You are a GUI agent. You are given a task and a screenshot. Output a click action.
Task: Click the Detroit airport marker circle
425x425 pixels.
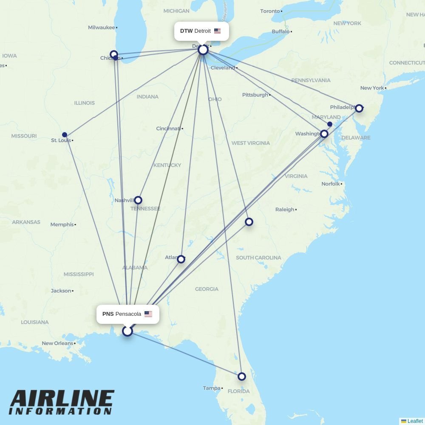click(203, 50)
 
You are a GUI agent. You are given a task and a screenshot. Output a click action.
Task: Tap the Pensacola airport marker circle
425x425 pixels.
click(127, 331)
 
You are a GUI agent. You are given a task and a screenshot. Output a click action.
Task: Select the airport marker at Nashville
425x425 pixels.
click(138, 200)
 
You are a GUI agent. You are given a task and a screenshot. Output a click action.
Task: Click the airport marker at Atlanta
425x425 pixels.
click(181, 259)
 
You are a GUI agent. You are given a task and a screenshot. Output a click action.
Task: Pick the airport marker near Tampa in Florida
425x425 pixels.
click(242, 377)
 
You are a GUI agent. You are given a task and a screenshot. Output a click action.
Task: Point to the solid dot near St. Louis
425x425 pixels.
click(65, 135)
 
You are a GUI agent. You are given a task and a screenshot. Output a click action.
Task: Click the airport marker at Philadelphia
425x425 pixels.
click(359, 108)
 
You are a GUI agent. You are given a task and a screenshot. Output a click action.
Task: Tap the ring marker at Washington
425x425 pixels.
click(324, 134)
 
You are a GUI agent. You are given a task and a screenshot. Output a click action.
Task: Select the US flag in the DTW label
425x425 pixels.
click(217, 31)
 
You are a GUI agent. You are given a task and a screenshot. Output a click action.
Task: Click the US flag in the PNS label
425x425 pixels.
click(148, 314)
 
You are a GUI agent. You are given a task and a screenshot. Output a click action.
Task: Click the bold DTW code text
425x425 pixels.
click(186, 31)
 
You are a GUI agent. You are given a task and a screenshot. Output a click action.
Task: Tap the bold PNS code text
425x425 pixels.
click(108, 314)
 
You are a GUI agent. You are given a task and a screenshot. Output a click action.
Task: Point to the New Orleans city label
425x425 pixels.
click(57, 343)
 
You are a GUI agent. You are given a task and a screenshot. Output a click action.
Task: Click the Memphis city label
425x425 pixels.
click(62, 224)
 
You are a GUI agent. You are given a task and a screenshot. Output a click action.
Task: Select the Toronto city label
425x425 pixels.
click(270, 11)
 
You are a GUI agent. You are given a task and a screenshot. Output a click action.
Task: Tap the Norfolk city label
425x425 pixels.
click(331, 184)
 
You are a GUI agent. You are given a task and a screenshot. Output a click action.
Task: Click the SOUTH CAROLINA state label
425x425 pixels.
click(258, 258)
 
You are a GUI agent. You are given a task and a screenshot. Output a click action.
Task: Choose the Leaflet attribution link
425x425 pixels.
click(415, 421)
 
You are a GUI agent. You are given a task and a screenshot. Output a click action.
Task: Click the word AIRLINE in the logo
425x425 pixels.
click(62, 399)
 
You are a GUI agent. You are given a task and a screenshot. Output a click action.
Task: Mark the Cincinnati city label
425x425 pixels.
click(168, 128)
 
